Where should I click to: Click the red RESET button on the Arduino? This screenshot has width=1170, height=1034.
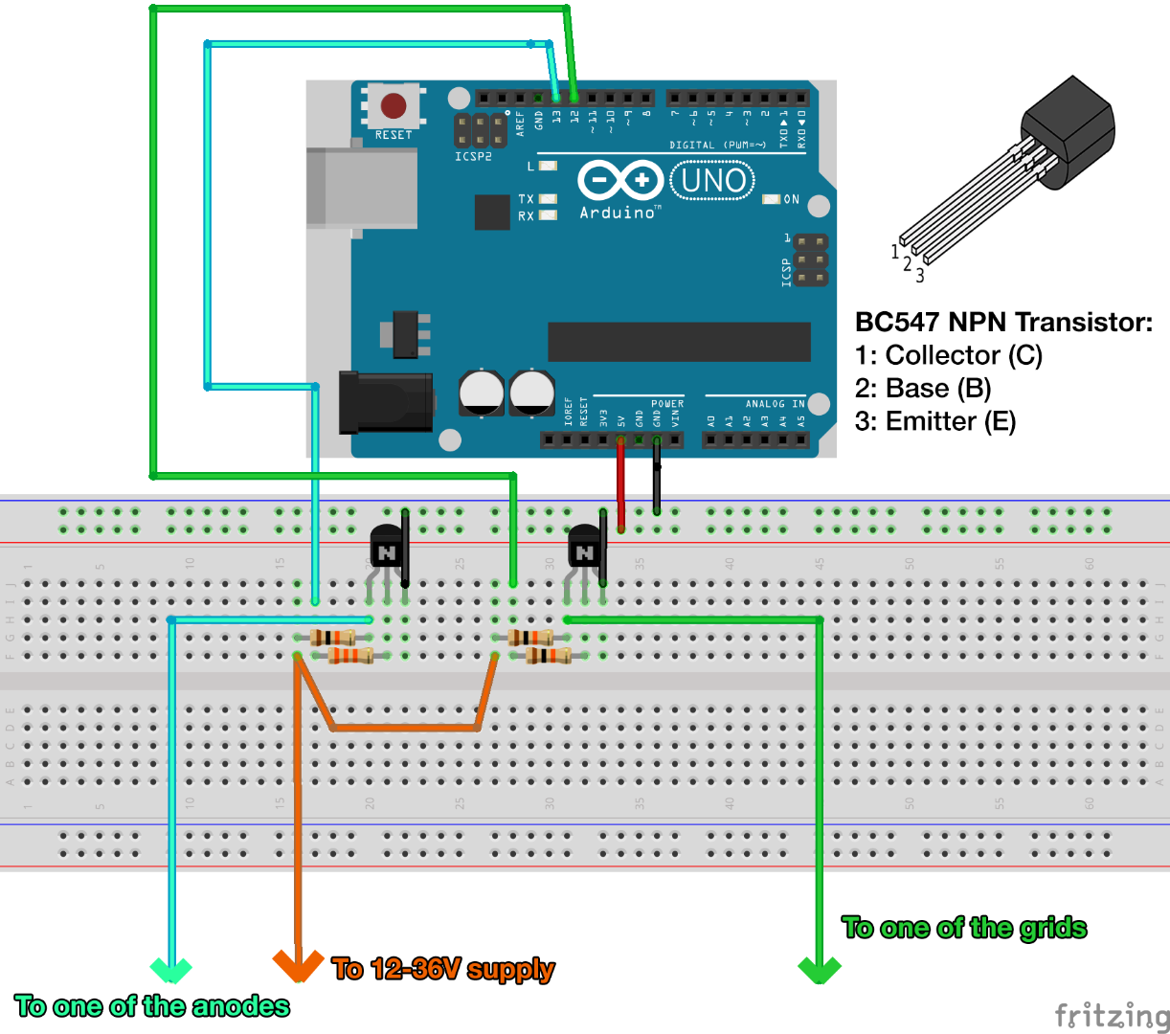[x=394, y=105]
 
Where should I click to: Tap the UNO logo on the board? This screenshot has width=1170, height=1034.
[x=712, y=180]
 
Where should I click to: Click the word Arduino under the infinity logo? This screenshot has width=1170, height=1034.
[x=619, y=213]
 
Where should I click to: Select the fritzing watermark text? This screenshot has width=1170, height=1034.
[x=1111, y=1015]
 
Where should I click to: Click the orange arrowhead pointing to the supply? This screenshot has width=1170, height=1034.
[x=298, y=964]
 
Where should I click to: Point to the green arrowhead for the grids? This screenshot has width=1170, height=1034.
[x=820, y=969]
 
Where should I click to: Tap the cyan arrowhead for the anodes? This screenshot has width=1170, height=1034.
[x=171, y=969]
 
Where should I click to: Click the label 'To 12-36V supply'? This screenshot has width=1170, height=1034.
[x=443, y=969]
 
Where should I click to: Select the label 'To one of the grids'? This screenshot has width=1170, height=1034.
[x=964, y=928]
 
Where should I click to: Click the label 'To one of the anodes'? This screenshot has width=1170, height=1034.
[x=152, y=1006]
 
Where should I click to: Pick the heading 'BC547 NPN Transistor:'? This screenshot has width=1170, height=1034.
[x=1003, y=322]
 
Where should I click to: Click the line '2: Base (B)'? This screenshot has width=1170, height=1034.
[x=923, y=389]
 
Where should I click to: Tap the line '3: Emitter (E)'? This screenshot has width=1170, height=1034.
[x=935, y=421]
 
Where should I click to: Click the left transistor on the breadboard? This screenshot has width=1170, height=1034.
[x=387, y=550]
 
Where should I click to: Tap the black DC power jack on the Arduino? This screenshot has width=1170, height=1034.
[x=386, y=401]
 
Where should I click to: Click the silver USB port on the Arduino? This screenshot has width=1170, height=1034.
[x=361, y=188]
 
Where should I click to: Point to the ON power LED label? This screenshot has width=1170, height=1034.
[x=791, y=199]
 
